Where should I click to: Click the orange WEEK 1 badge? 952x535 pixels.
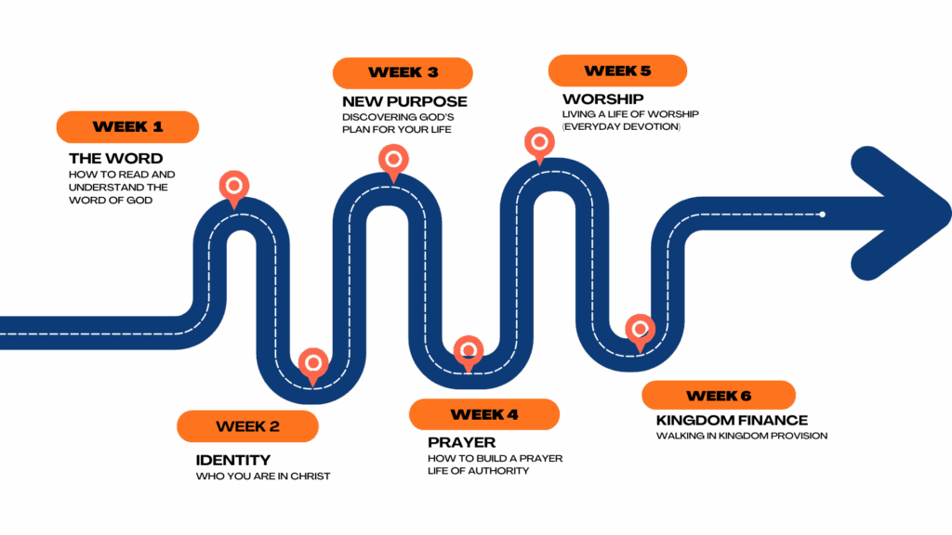coord(127,127)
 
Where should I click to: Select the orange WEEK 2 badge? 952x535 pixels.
coord(247,426)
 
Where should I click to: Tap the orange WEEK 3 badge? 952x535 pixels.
coord(403,72)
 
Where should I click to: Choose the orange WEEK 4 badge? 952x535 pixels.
coord(483,414)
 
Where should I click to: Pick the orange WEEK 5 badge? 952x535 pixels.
coord(617,71)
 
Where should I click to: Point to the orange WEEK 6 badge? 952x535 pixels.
coord(719,396)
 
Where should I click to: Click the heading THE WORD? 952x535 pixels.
coord(115,158)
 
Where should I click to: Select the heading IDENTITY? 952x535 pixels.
coord(232,460)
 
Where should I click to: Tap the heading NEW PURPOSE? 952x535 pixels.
coord(403,101)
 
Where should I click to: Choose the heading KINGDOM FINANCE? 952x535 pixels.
coord(732,420)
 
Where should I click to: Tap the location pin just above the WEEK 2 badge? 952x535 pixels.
coord(313,364)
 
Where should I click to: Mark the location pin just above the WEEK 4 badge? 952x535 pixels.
coord(469,353)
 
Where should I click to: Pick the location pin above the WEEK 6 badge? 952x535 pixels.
coord(639,331)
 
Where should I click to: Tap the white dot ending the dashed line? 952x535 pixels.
coord(822,215)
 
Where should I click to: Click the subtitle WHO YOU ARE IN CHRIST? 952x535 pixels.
coord(262,476)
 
